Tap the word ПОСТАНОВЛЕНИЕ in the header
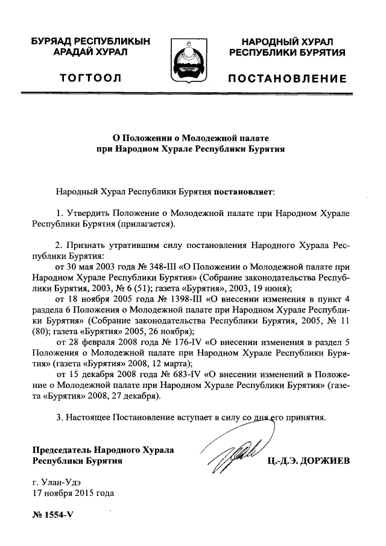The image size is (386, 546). (x=286, y=79)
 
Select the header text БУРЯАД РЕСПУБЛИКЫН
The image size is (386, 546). (x=90, y=42)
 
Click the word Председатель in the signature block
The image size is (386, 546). (x=63, y=450)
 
